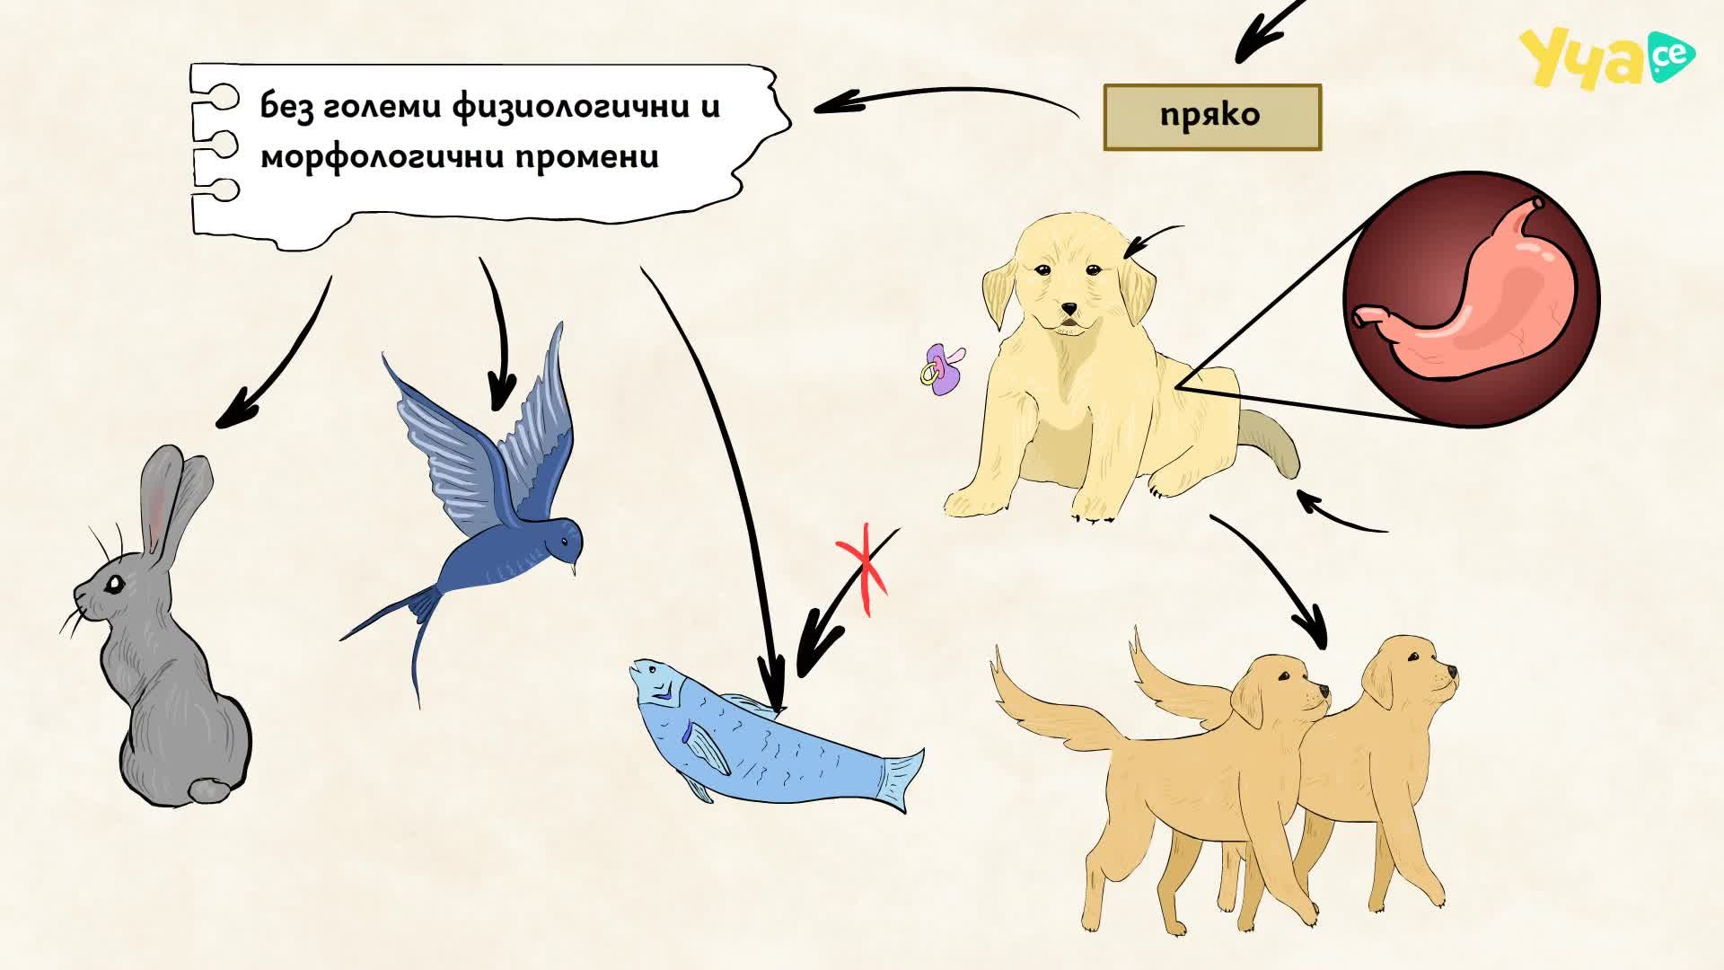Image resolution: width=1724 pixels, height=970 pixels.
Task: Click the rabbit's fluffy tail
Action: pyautogui.click(x=208, y=789)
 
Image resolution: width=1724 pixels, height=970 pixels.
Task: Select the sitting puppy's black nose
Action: pyautogui.click(x=1069, y=309)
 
